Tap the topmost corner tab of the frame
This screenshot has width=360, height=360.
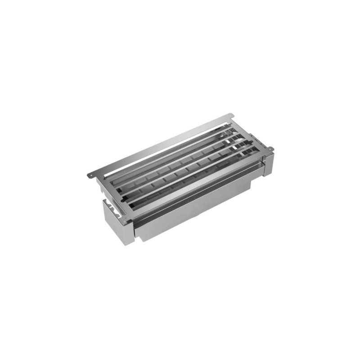pyautogui.click(x=229, y=118)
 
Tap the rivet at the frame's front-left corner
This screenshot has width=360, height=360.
pyautogui.click(x=129, y=219)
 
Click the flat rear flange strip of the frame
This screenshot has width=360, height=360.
pyautogui.click(x=157, y=146)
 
